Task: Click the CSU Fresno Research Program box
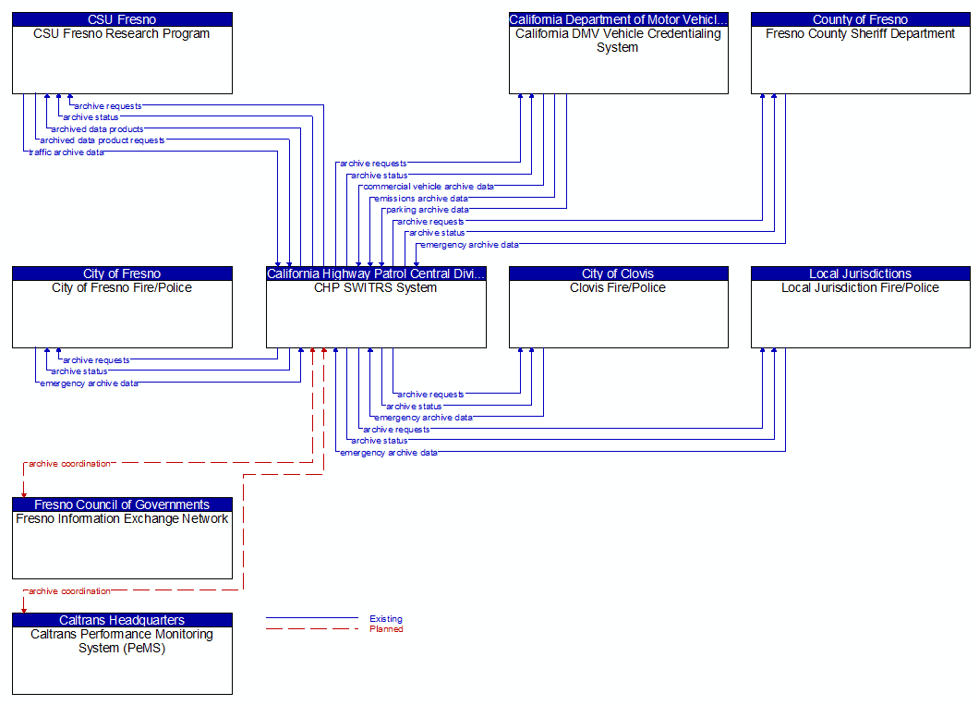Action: pyautogui.click(x=122, y=60)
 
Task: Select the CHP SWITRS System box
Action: pyautogui.click(x=376, y=314)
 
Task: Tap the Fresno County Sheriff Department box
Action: pyautogui.click(x=860, y=60)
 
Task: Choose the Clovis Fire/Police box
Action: pyautogui.click(x=618, y=314)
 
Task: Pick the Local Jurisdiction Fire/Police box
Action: pyautogui.click(x=860, y=314)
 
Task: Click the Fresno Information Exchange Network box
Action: pyautogui.click(x=122, y=545)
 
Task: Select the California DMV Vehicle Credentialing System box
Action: pyautogui.click(x=618, y=60)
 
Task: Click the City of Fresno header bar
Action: pyautogui.click(x=122, y=273)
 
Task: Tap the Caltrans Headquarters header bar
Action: pyautogui.click(x=122, y=620)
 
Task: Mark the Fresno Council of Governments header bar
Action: pyautogui.click(x=122, y=504)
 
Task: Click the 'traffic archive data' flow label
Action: pyautogui.click(x=66, y=152)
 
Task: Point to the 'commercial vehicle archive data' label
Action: pyautogui.click(x=428, y=187)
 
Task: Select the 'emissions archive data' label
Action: pyautogui.click(x=420, y=199)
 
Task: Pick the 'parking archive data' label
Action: pyautogui.click(x=427, y=210)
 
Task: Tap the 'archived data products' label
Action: pyautogui.click(x=97, y=129)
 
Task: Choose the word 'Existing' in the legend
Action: pyautogui.click(x=385, y=619)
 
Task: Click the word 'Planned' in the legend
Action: pyautogui.click(x=386, y=629)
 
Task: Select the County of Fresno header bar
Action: pyautogui.click(x=860, y=19)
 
